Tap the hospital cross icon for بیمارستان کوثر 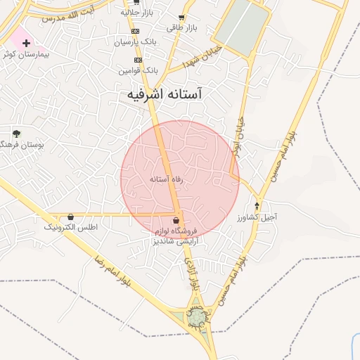pos(26,43)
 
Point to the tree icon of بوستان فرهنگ pos(16,133)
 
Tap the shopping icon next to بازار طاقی pos(181,18)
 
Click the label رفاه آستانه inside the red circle pos(167,179)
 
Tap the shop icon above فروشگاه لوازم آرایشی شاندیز pos(176,220)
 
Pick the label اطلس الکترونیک pos(70,228)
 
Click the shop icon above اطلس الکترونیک pos(71,217)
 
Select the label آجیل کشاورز pos(259,217)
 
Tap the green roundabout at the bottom pos(198,319)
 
